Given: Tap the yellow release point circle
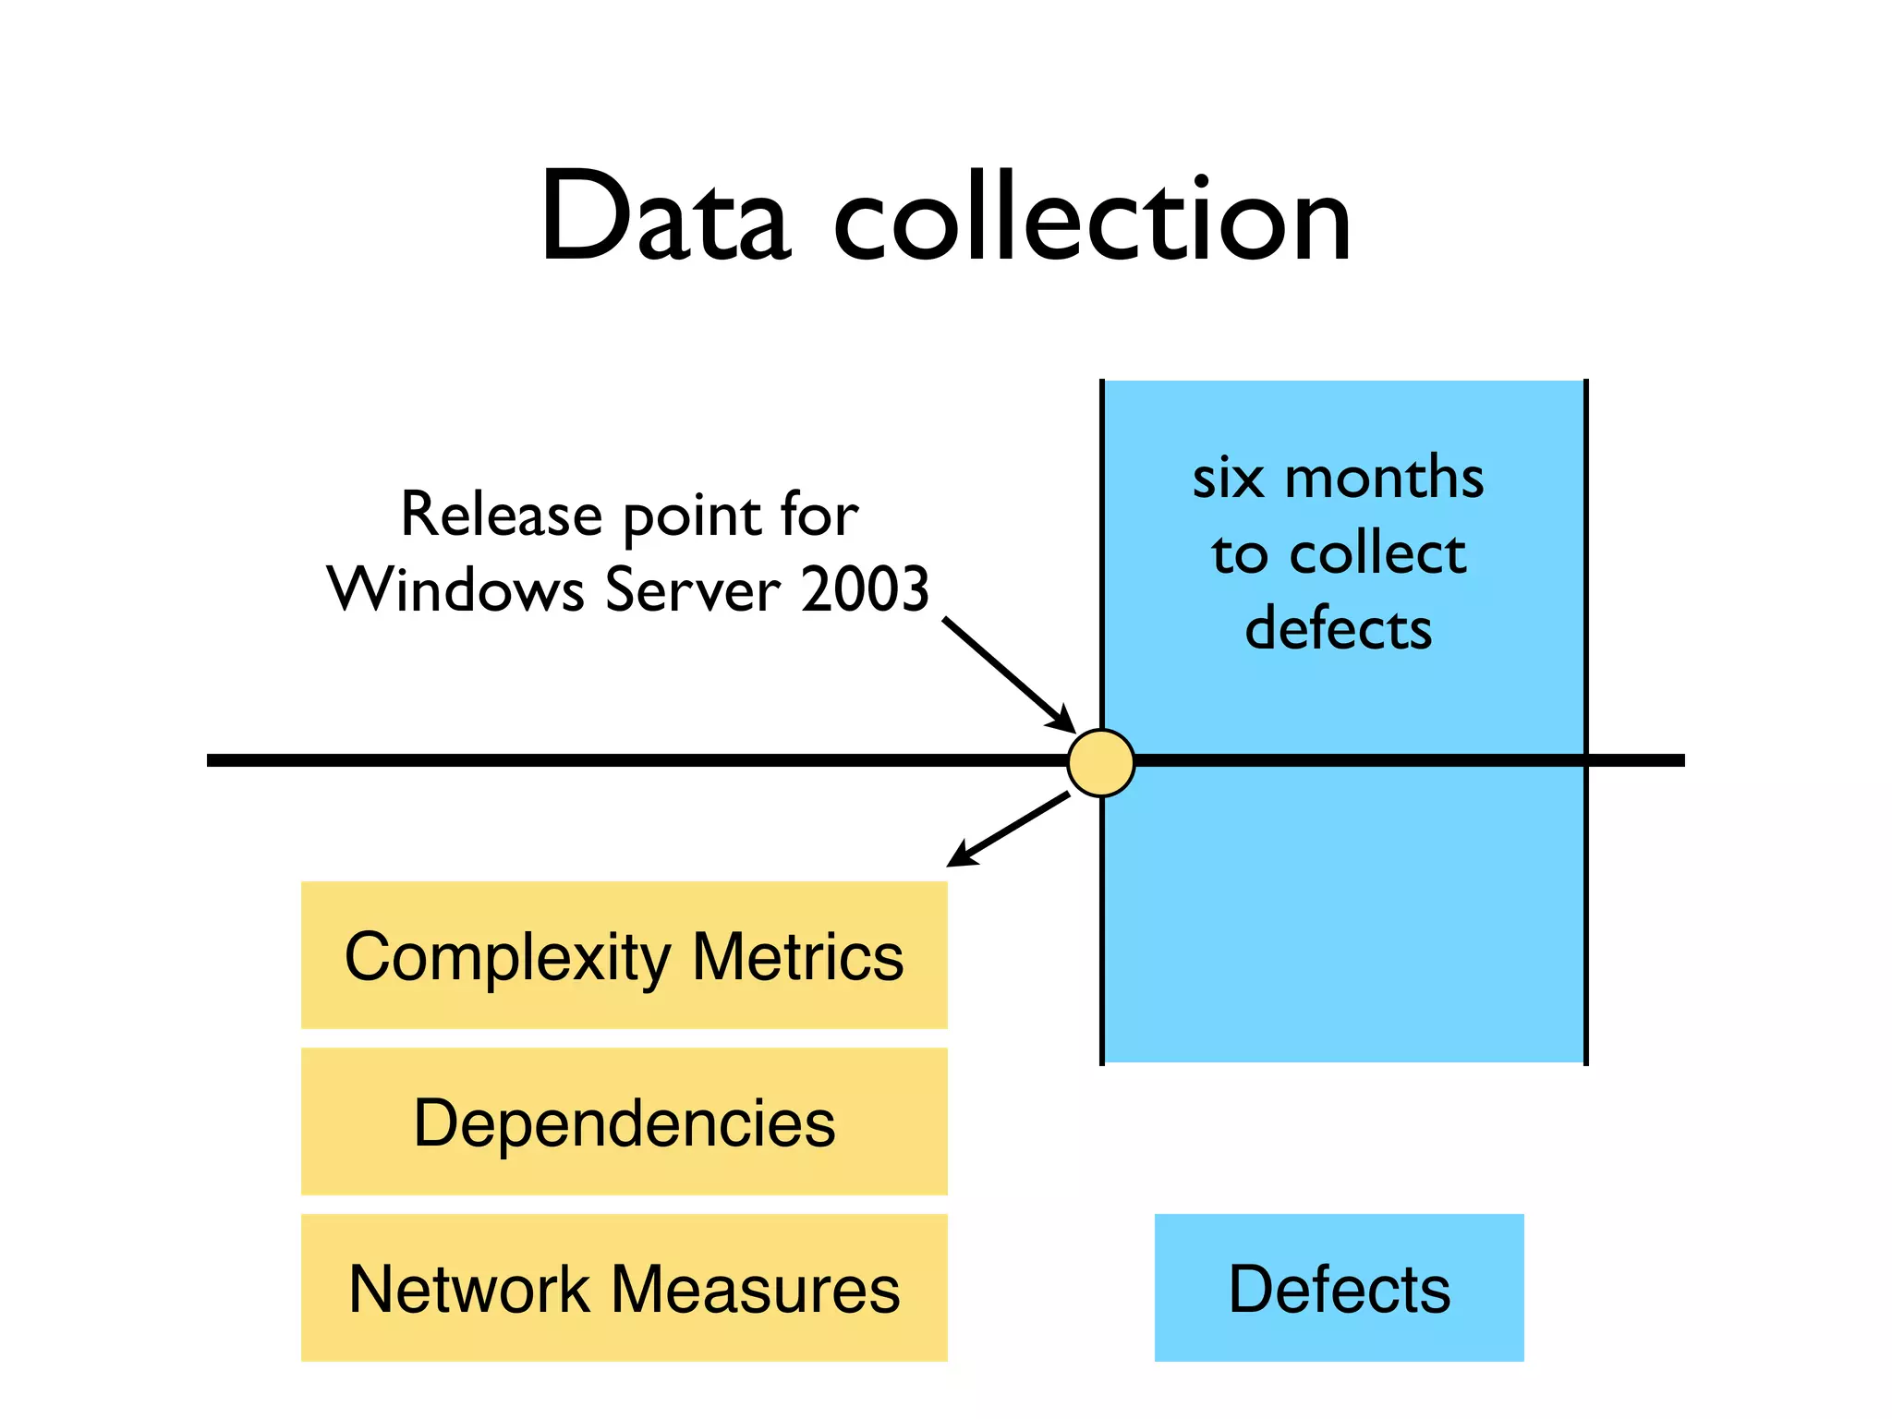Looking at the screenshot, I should (1100, 762).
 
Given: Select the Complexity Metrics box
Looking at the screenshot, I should (624, 954).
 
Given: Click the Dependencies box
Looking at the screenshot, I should (624, 1122).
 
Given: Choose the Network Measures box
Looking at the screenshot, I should (624, 1288).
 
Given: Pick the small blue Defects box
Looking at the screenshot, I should (1339, 1288).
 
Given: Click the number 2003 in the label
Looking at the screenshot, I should (865, 589).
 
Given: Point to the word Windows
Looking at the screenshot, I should (456, 589).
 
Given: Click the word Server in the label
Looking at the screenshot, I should (693, 589).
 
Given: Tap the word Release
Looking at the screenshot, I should (501, 515).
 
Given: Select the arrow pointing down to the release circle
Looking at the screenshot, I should (1008, 674).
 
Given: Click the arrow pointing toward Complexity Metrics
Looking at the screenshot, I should (1009, 830).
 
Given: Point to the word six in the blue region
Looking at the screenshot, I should (1228, 479).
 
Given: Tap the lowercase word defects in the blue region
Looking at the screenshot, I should (1338, 628).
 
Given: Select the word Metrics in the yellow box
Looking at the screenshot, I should (797, 956).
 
